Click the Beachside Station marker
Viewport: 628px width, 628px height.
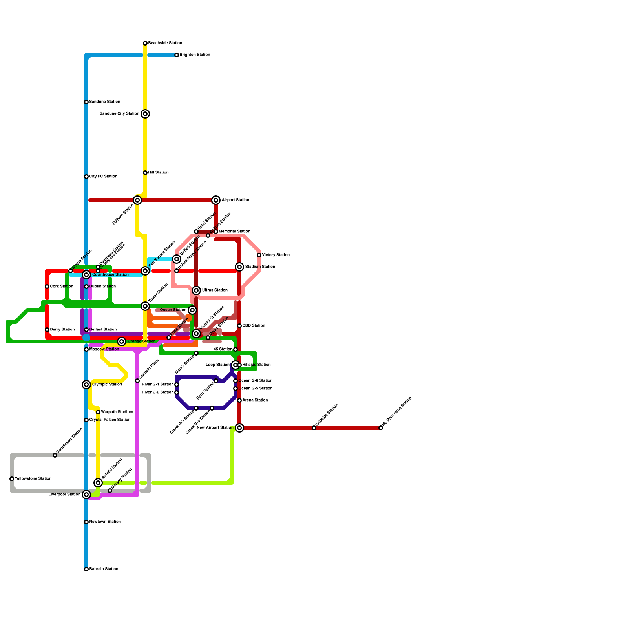(x=145, y=43)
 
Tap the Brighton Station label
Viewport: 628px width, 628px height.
(x=195, y=55)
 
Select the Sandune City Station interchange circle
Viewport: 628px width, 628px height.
(x=145, y=114)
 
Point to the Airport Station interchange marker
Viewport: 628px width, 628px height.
(x=216, y=200)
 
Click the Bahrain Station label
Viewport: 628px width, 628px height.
(x=104, y=569)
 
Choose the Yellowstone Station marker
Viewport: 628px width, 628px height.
(x=12, y=479)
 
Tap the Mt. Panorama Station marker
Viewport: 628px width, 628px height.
(x=381, y=428)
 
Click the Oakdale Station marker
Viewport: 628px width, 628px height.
(x=314, y=428)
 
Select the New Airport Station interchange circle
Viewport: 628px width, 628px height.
(x=239, y=428)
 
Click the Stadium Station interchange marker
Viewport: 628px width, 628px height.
(x=239, y=267)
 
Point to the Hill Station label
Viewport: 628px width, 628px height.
(x=158, y=173)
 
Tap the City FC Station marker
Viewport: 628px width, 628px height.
(x=86, y=177)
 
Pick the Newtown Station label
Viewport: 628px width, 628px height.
(x=105, y=522)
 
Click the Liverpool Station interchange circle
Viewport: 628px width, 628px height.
(x=86, y=495)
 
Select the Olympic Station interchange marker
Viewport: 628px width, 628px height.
(x=86, y=385)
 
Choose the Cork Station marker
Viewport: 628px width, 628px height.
(x=47, y=287)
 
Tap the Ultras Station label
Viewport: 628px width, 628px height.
(x=215, y=290)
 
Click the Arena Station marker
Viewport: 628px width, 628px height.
(x=239, y=400)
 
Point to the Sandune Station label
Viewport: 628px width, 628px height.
(x=104, y=102)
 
